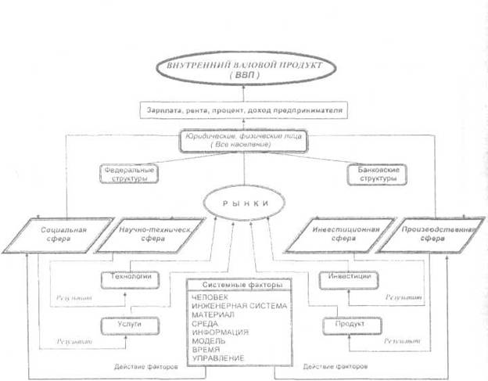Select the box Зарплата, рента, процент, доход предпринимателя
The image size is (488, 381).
pos(245,111)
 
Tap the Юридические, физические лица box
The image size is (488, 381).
pos(245,142)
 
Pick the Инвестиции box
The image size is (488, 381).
pos(345,277)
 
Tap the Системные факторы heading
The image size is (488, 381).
pos(244,284)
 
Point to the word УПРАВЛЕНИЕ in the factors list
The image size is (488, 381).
pos(223,358)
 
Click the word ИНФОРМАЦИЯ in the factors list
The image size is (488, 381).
pos(224,330)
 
